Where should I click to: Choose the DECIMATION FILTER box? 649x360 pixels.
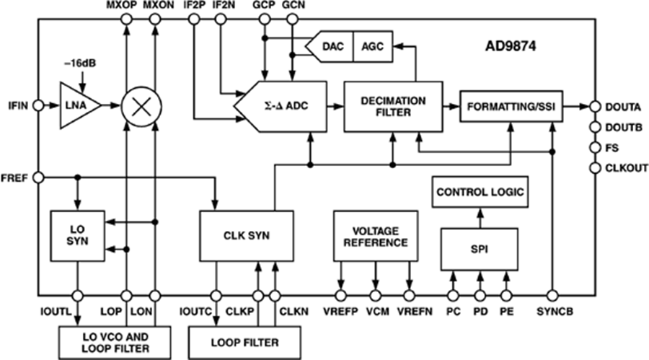point(393,106)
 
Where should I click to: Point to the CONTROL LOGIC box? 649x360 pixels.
point(480,193)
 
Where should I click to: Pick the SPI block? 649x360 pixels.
point(480,250)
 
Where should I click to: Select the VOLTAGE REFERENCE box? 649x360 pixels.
point(376,236)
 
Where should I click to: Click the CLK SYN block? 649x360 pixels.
point(245,236)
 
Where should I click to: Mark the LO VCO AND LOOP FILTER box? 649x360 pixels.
point(114,338)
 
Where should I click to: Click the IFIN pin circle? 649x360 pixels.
point(40,106)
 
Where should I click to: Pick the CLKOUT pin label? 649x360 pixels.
point(625,168)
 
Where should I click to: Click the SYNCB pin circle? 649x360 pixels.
point(552,296)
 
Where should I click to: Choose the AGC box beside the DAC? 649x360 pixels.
point(372,47)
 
